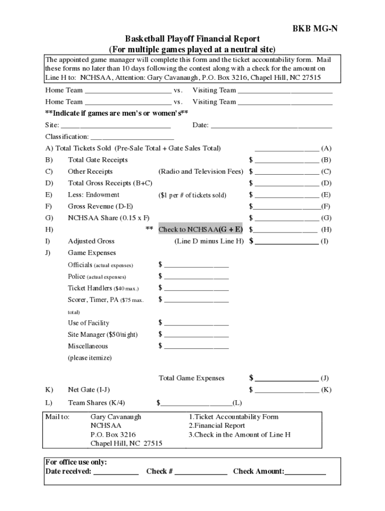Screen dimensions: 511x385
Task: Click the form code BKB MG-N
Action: tap(315, 28)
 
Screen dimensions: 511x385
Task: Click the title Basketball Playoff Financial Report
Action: tap(192, 39)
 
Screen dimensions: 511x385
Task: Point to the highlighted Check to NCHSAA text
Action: tap(200, 230)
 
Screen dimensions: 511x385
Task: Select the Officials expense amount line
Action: tap(196, 265)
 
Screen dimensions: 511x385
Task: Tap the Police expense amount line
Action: tap(196, 277)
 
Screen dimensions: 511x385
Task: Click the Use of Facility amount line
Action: tap(196, 323)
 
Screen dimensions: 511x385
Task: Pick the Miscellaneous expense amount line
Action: tap(196, 346)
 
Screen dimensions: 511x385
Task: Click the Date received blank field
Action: tap(116, 472)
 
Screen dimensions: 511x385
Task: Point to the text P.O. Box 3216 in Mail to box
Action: tap(113, 435)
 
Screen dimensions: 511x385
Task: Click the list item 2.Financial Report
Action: tap(216, 426)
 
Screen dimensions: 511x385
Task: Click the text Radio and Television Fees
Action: tap(200, 172)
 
